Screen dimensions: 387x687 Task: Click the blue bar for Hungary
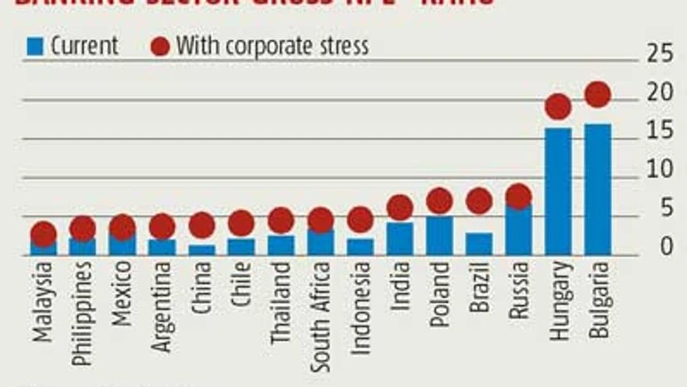558,191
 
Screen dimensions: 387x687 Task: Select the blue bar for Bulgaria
597,190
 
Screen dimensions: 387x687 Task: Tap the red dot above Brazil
479,201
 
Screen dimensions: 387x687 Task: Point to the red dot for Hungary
558,107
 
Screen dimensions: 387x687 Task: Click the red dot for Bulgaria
597,94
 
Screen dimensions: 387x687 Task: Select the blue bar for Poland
439,236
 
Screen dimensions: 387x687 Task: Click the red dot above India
400,207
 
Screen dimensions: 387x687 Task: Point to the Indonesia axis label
360,308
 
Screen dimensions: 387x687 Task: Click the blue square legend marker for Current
33,46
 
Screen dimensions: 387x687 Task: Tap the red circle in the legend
160,46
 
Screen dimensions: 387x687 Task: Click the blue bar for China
202,250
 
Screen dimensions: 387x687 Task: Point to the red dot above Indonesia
360,220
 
